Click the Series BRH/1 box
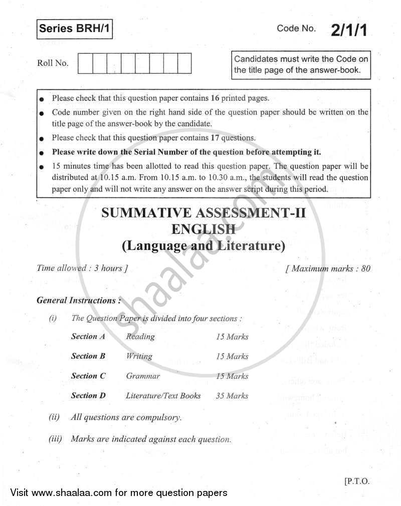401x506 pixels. click(74, 30)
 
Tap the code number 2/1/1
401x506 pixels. click(349, 30)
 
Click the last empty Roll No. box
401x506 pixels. click(184, 64)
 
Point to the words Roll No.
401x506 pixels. click(53, 63)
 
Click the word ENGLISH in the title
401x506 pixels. click(203, 229)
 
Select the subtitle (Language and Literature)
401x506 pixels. click(203, 245)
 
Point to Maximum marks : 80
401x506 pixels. click(328, 269)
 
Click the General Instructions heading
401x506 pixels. click(79, 301)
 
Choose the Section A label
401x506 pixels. click(88, 337)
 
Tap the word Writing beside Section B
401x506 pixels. click(139, 356)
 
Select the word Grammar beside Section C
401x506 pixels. click(143, 376)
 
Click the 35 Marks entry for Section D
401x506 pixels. click(232, 395)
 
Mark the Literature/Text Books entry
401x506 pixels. click(163, 395)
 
